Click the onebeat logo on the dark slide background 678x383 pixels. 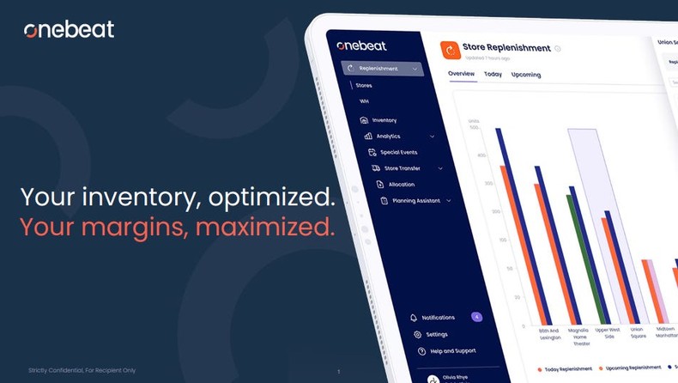click(69, 30)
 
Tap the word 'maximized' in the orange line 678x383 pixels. click(265, 227)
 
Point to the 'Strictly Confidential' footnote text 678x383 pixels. click(82, 370)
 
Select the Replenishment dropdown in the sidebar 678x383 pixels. click(380, 69)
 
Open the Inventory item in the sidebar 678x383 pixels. click(384, 120)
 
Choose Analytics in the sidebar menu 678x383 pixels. click(388, 137)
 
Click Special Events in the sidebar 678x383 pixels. click(398, 152)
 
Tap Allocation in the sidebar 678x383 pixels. click(401, 185)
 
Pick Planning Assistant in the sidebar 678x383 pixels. click(415, 201)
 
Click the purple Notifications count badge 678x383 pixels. click(476, 317)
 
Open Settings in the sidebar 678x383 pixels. click(437, 334)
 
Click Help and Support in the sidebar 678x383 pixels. click(452, 351)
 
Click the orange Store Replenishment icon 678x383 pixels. click(451, 51)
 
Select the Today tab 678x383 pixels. click(493, 75)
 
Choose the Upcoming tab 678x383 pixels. click(526, 75)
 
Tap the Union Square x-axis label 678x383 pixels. click(638, 332)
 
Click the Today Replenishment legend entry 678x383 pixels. click(566, 369)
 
